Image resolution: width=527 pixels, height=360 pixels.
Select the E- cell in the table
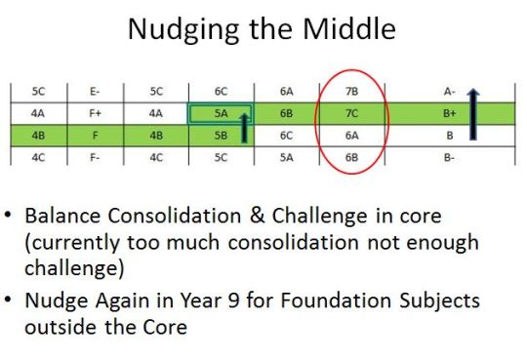point(95,92)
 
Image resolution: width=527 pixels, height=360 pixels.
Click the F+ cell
point(95,113)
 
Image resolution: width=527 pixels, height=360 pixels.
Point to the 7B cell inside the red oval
point(352,92)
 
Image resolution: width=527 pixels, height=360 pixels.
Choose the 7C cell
point(352,113)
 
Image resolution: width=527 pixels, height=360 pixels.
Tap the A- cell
point(450,92)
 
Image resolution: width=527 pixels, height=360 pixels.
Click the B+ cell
point(450,113)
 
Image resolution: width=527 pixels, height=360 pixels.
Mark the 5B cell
point(220,135)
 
